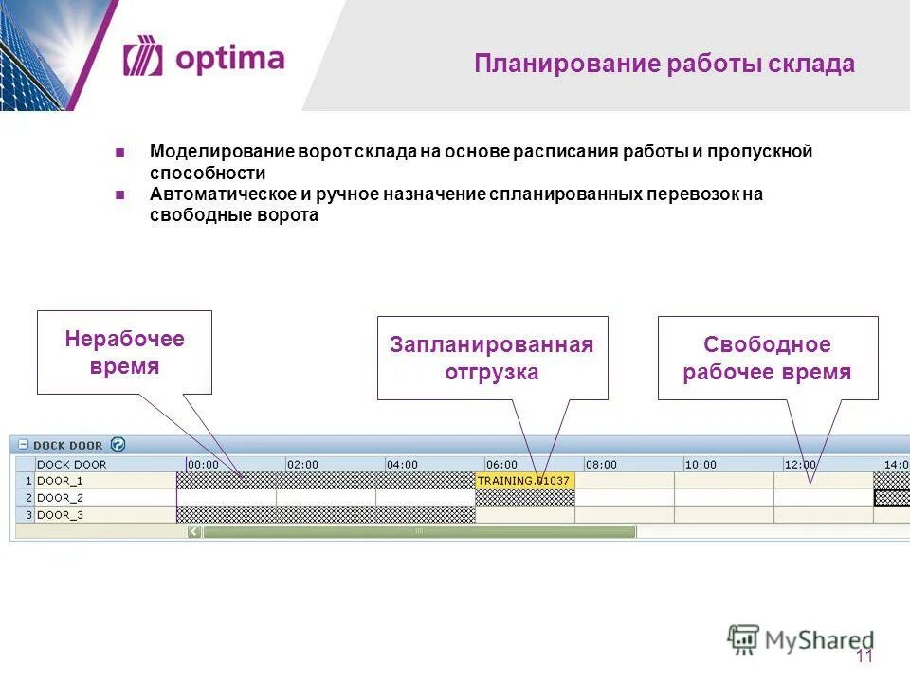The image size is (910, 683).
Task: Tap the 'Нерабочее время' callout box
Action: (124, 352)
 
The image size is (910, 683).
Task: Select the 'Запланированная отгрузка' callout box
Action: (492, 358)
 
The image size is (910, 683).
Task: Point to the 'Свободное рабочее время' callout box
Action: (767, 358)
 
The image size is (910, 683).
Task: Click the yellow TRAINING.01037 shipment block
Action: (524, 481)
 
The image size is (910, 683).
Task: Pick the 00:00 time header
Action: (204, 465)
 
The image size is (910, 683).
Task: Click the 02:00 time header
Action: (303, 465)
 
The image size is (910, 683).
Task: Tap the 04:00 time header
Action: (402, 465)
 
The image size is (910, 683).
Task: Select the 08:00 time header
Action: (601, 465)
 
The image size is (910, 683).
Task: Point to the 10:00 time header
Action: (701, 465)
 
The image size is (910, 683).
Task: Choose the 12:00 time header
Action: (800, 465)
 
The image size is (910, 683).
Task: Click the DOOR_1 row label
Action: (60, 481)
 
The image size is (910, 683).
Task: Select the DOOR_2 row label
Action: (60, 498)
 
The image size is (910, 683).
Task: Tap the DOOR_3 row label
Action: (60, 515)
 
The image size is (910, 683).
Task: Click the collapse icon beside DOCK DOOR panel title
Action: (23, 444)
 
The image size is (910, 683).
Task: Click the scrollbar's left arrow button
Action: (194, 532)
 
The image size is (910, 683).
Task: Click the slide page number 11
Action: (864, 657)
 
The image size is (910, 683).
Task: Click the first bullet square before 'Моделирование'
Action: (120, 152)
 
